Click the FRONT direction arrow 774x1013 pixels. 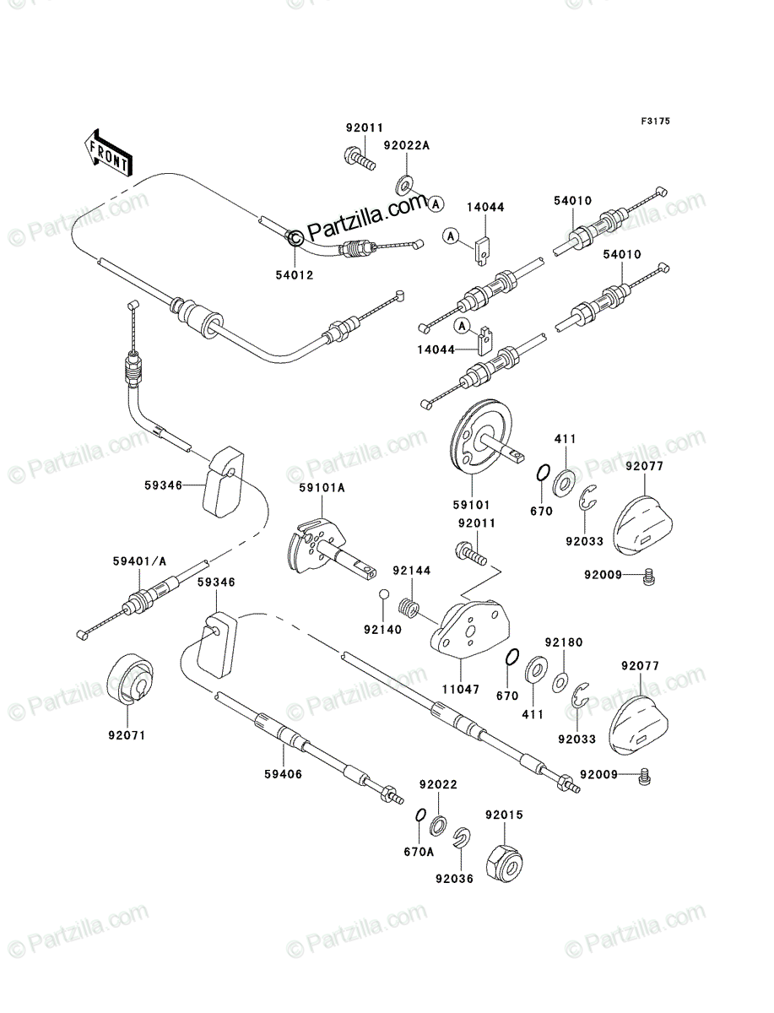pyautogui.click(x=108, y=152)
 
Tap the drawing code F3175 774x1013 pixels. pyautogui.click(x=656, y=122)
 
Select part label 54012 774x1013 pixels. pyautogui.click(x=295, y=275)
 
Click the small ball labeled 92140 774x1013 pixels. pyautogui.click(x=384, y=594)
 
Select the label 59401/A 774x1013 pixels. pyautogui.click(x=140, y=561)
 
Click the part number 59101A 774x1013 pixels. pyautogui.click(x=322, y=487)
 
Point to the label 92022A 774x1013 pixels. pyautogui.click(x=406, y=145)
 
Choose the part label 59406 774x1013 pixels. pyautogui.click(x=284, y=774)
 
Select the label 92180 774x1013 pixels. pyautogui.click(x=564, y=642)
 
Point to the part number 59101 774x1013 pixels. pyautogui.click(x=472, y=505)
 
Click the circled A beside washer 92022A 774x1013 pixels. pyautogui.click(x=436, y=203)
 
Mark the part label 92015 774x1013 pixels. pyautogui.click(x=504, y=815)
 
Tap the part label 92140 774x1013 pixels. pyautogui.click(x=383, y=630)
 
